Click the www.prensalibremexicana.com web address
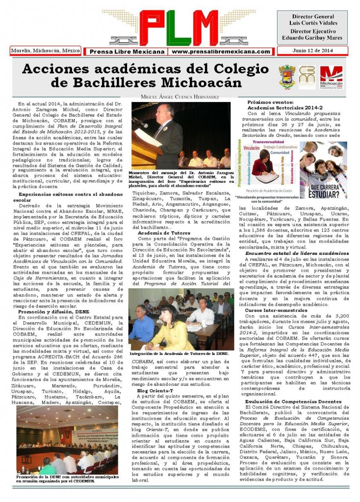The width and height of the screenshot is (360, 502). [x=221, y=51]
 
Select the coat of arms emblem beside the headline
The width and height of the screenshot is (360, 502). [x=287, y=77]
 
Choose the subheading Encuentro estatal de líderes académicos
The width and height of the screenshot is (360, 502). [x=290, y=253]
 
